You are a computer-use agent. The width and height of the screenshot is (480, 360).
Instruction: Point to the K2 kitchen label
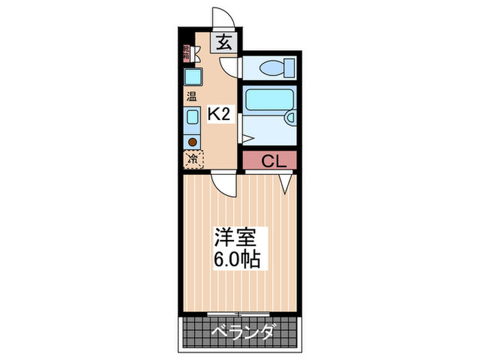pos(217,115)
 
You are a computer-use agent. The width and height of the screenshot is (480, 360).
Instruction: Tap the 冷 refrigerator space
pos(193,159)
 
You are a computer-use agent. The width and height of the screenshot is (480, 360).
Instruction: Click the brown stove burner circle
pos(193,142)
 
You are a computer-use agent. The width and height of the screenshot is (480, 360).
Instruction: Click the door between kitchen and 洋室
pos(223,184)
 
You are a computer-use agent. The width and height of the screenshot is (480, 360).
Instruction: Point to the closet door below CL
pos(286,181)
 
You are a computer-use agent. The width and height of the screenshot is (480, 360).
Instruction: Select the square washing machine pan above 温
pos(192,76)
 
